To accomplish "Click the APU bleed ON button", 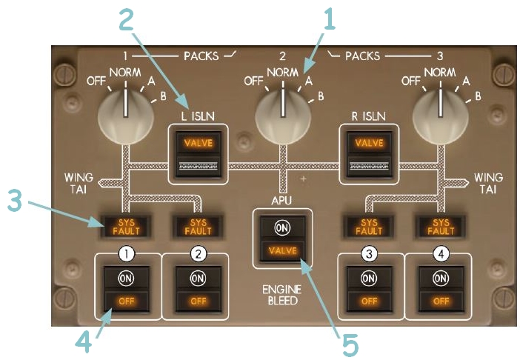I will (x=282, y=227).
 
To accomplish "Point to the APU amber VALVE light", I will (x=282, y=250).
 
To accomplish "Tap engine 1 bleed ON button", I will (x=127, y=277).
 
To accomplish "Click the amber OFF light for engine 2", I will (x=197, y=301).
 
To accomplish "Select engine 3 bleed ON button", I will (x=368, y=277).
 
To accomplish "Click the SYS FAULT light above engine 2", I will (x=197, y=224).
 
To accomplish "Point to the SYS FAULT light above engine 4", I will (x=440, y=224).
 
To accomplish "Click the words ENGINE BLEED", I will (x=282, y=295).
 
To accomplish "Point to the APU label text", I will (x=282, y=199).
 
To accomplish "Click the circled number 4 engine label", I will (x=440, y=253).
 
